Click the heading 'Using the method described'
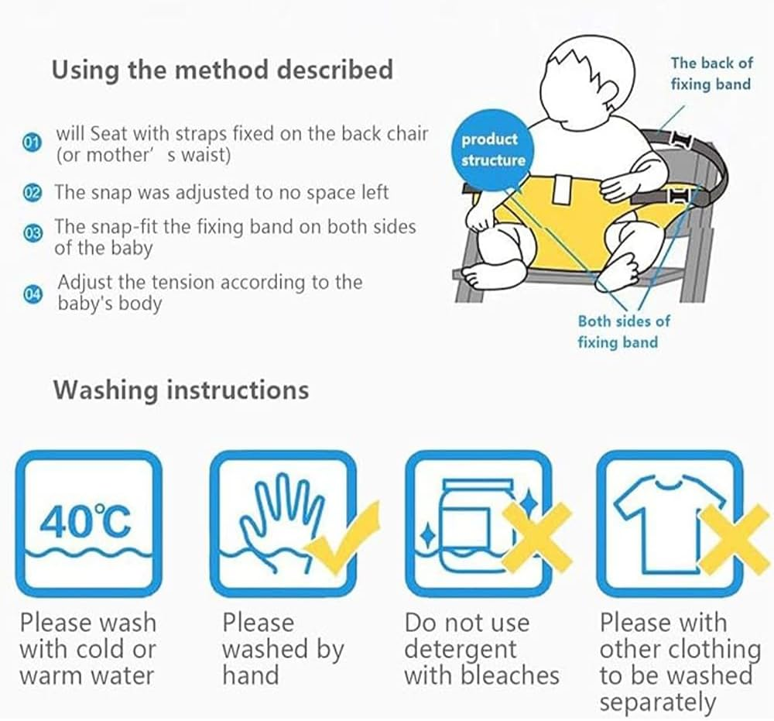(x=222, y=70)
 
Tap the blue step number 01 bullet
(x=32, y=143)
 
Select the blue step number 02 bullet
(x=32, y=193)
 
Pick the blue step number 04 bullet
(x=32, y=293)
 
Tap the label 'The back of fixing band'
(x=711, y=73)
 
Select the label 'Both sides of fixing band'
(x=623, y=331)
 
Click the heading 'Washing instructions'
(x=180, y=389)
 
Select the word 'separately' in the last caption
(x=658, y=702)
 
